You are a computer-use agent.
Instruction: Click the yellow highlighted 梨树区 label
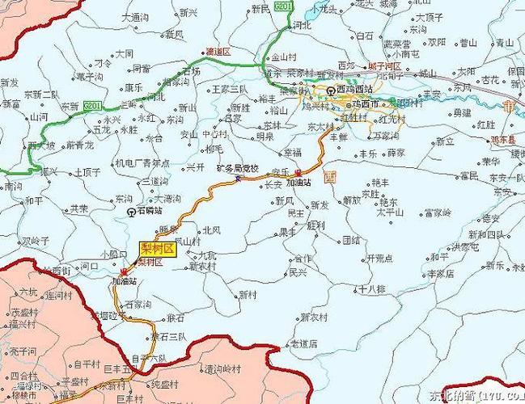tap(158, 249)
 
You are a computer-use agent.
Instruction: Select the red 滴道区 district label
tap(218, 51)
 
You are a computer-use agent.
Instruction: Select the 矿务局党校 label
tap(237, 168)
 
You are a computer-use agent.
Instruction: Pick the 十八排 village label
tap(373, 287)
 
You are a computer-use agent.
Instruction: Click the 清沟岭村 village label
tap(223, 368)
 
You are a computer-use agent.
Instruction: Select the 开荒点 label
tap(379, 259)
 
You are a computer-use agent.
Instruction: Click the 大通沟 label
tap(134, 16)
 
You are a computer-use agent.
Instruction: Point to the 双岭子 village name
tap(36, 240)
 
